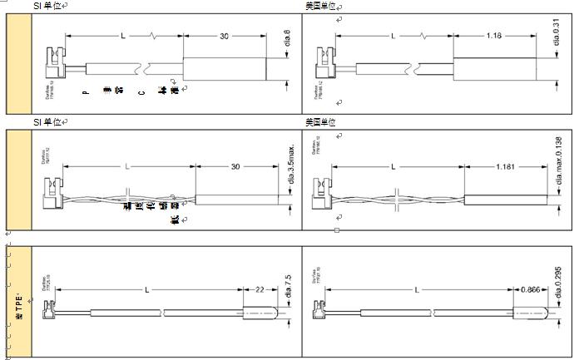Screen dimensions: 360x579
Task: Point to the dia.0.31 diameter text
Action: pos(556,39)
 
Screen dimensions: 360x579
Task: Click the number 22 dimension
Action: pos(260,289)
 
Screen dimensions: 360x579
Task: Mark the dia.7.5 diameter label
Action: pos(287,288)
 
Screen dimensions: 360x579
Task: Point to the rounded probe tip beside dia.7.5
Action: pos(254,313)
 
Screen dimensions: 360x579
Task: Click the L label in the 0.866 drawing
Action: pos(414,289)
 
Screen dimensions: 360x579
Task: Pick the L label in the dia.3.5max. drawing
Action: pos(127,167)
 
